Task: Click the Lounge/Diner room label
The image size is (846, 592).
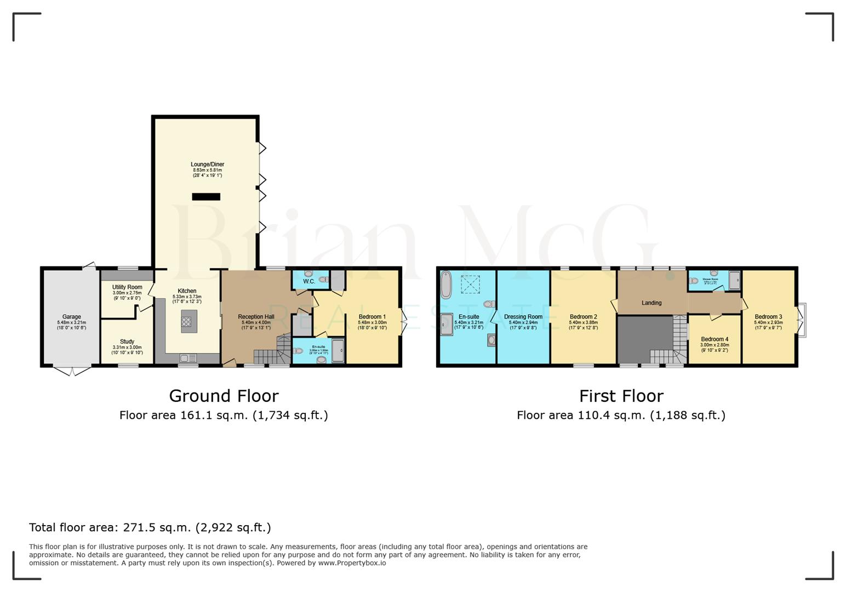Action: pos(207,164)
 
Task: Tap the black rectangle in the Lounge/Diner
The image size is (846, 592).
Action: pos(206,197)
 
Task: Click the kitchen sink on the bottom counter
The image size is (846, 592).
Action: pos(188,358)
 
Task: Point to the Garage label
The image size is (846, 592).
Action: pos(71,317)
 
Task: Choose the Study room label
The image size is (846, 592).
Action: pos(127,341)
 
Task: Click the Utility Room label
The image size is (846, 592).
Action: pos(127,287)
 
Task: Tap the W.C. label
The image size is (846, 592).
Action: pos(308,282)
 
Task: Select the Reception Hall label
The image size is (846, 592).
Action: pos(256,317)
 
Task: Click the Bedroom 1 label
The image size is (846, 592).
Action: pos(372,317)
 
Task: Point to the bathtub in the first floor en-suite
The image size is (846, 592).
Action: pos(446,284)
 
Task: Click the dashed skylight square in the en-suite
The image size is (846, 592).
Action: pos(470,284)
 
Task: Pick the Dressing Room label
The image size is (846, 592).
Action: pos(523,317)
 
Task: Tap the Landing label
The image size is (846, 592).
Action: pos(651,303)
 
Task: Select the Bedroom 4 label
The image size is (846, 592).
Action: pos(714,339)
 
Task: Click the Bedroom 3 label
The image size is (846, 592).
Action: pos(768,317)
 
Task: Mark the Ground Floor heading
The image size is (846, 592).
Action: pos(224,396)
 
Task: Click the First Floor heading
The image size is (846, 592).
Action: pos(621,396)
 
